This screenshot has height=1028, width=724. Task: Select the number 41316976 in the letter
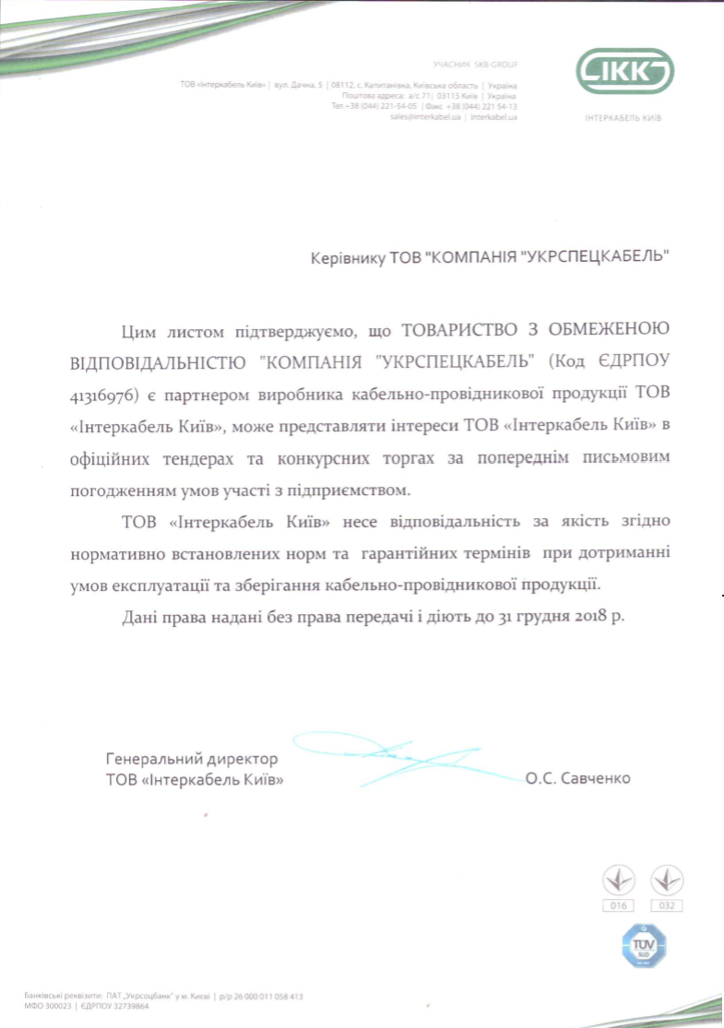point(104,396)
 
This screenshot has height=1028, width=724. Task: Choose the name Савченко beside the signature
point(595,778)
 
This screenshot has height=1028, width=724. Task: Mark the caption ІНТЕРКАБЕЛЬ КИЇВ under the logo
point(624,119)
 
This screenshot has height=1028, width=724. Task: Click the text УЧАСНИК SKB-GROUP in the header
point(475,65)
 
